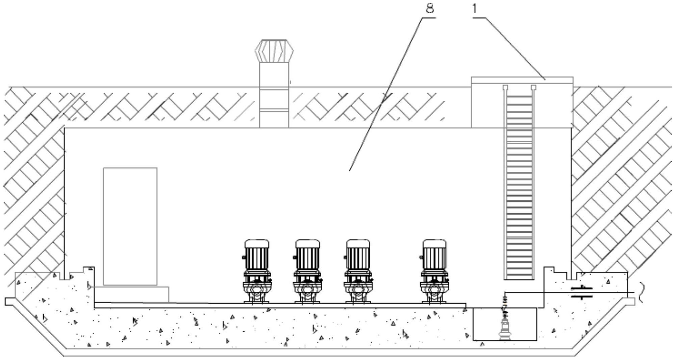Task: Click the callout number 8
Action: point(430,8)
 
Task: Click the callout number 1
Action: point(475,8)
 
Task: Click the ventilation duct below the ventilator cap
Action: point(274,95)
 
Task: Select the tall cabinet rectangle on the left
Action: point(130,226)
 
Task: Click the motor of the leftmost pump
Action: point(257,255)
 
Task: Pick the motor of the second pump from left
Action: point(307,255)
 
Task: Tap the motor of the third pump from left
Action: point(358,255)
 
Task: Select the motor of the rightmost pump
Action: point(434,255)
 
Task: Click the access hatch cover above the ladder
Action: point(522,80)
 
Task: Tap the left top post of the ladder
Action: point(505,88)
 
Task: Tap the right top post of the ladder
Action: point(533,88)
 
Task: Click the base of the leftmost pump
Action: point(257,292)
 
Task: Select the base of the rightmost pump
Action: point(434,292)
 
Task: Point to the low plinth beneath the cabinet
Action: point(132,294)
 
